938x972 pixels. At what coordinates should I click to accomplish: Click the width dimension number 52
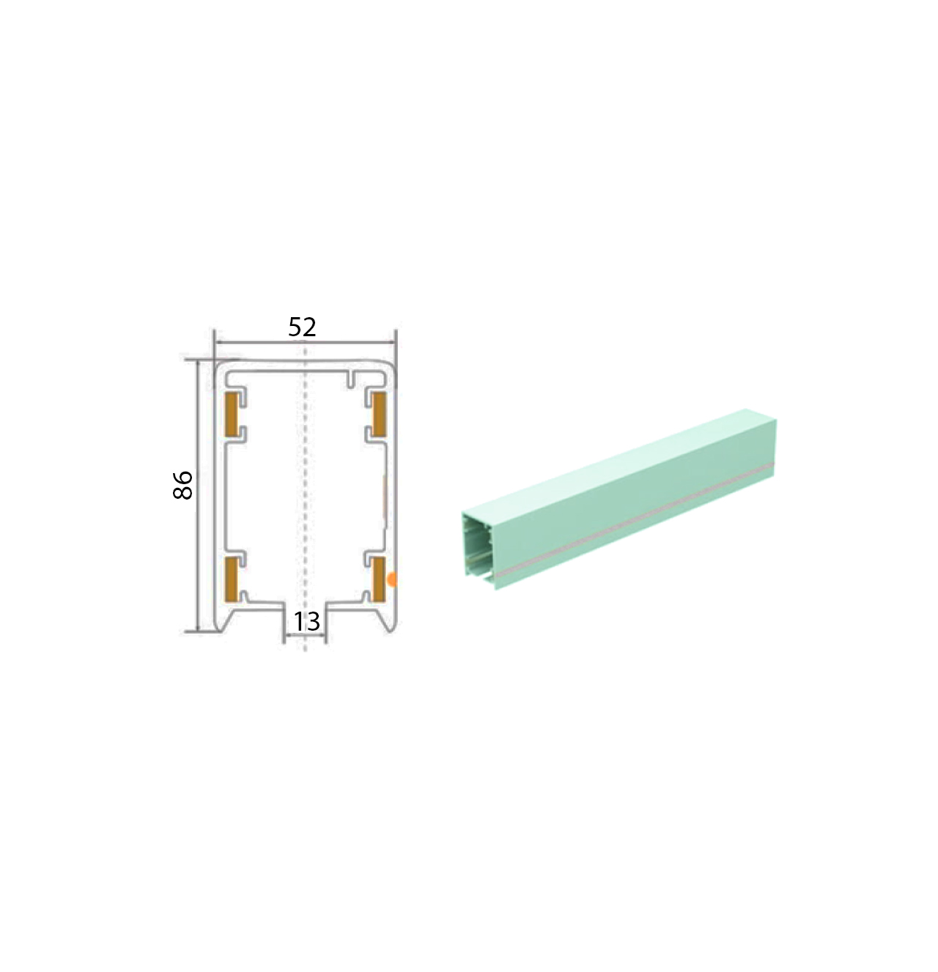tap(302, 327)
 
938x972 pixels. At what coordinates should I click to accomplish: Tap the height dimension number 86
tap(182, 484)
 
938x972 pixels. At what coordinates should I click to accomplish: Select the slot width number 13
tap(306, 621)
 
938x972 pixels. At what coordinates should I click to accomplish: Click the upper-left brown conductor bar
tap(232, 414)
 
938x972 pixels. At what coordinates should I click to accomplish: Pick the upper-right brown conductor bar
tap(379, 414)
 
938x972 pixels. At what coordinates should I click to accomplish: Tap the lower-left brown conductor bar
tap(232, 579)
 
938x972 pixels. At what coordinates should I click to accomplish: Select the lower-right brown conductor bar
tap(379, 579)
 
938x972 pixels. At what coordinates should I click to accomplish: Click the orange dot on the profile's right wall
tap(392, 579)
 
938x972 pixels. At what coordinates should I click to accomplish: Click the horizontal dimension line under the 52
tap(305, 342)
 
